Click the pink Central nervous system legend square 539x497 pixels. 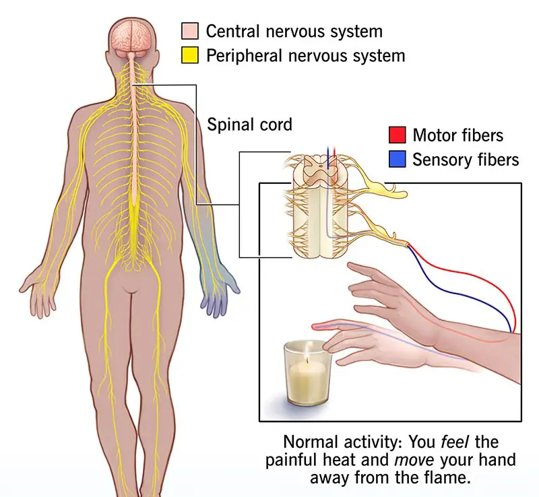pos(189,31)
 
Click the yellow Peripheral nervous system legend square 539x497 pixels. pos(189,55)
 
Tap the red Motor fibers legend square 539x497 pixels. pos(397,135)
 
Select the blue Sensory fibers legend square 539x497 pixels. pos(397,160)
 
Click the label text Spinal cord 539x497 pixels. pos(249,125)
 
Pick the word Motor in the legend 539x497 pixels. pos(433,135)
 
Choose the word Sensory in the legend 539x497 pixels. pos(439,160)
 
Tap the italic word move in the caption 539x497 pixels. pos(422,460)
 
